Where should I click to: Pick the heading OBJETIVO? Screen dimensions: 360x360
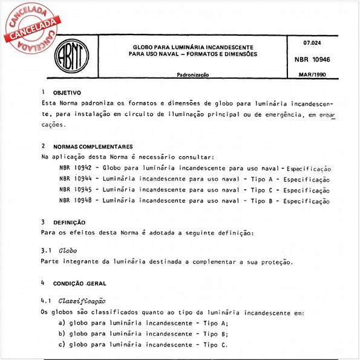pyautogui.click(x=67, y=94)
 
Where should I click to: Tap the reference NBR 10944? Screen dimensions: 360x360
pyautogui.click(x=76, y=178)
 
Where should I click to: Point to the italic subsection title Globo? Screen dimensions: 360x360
pyautogui.click(x=68, y=250)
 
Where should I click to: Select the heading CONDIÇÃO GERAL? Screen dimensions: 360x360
pyautogui.click(x=83, y=283)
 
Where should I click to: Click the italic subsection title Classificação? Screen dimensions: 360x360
pyautogui.click(x=82, y=301)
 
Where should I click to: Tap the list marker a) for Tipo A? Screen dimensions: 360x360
pyautogui.click(x=62, y=323)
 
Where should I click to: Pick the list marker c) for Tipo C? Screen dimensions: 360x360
pyautogui.click(x=62, y=345)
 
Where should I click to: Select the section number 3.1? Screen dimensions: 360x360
pyautogui.click(x=47, y=250)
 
